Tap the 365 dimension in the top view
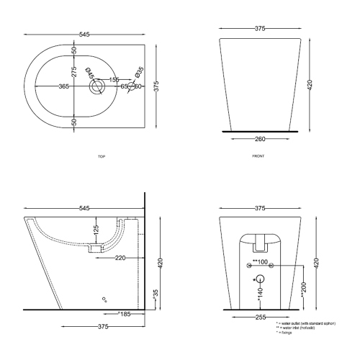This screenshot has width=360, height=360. [x=63, y=86]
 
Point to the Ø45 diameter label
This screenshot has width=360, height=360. [x=90, y=73]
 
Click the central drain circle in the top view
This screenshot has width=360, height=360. [x=96, y=86]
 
